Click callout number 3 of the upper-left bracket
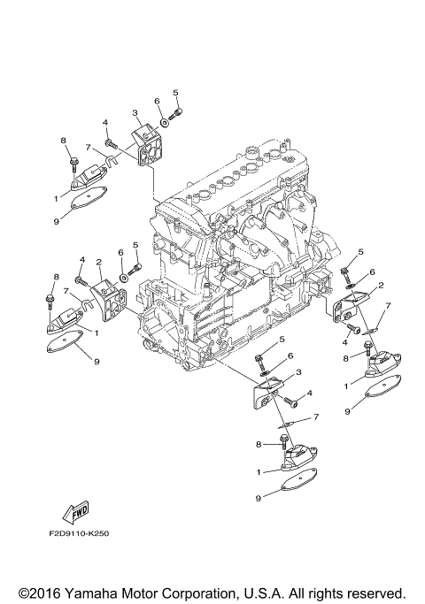[135, 113]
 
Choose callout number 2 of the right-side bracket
[380, 286]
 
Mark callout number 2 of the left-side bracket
[99, 262]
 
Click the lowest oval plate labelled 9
[296, 485]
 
